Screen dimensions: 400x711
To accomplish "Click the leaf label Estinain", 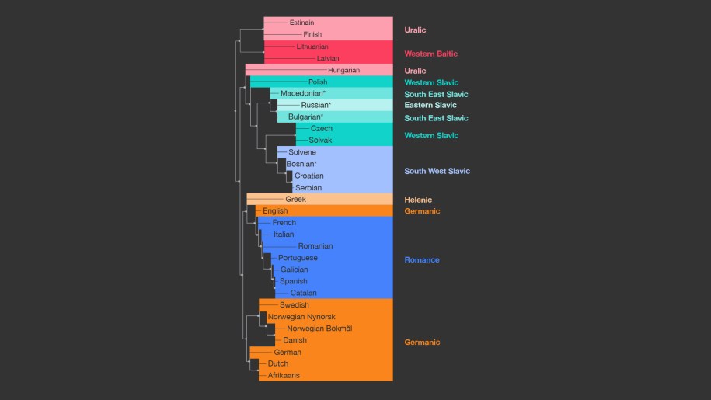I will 301,23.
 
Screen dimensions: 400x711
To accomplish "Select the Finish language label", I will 312,34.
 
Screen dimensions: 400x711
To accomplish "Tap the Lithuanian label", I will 312,47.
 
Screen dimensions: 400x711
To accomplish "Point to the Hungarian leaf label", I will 343,70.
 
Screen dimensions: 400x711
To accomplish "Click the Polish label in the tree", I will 318,82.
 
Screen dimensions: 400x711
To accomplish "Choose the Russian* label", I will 316,105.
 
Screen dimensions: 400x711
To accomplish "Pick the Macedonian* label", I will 303,93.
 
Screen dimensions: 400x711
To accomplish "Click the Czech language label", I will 322,128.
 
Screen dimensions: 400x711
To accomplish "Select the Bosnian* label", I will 302,164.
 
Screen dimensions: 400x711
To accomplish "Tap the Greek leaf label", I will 295,199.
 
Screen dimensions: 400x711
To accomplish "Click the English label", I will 275,210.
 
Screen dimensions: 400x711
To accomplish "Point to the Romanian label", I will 315,246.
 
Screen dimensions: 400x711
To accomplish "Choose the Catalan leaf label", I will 304,293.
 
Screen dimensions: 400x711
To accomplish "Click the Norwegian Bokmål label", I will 319,329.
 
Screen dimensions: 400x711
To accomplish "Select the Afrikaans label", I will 284,375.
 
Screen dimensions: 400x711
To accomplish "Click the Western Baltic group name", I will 430,54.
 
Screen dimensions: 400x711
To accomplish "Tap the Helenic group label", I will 418,200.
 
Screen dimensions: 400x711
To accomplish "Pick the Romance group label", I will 422,259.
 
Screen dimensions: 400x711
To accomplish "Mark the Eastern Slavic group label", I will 430,105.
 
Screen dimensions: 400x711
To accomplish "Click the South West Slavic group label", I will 437,171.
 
